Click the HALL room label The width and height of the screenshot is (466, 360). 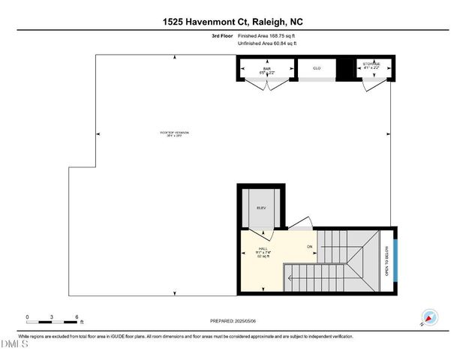tap(263, 248)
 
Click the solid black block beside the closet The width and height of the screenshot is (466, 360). tap(344, 70)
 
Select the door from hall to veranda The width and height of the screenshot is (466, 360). tap(298, 223)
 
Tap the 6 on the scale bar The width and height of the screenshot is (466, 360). tap(77, 317)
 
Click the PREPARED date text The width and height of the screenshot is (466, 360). tap(233, 321)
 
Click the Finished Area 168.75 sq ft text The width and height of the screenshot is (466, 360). tap(267, 35)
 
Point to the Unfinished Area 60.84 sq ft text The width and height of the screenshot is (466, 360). tap(267, 43)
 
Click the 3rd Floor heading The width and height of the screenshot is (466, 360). tap(222, 35)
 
